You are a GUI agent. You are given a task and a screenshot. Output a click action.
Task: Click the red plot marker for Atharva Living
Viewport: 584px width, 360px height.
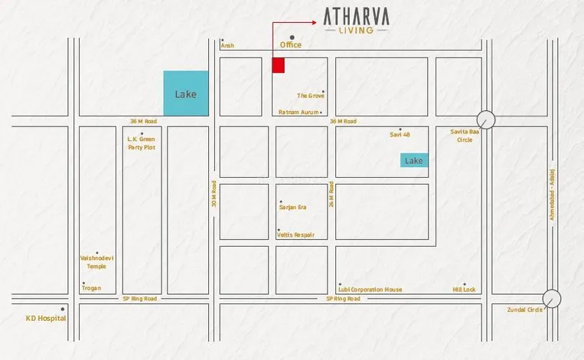(x=279, y=65)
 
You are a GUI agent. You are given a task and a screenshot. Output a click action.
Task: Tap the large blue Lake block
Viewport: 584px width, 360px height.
(x=186, y=93)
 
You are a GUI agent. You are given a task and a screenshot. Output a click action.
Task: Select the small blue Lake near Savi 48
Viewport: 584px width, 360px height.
(x=413, y=160)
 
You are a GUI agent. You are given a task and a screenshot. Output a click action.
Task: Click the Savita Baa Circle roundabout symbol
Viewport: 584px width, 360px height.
(x=486, y=119)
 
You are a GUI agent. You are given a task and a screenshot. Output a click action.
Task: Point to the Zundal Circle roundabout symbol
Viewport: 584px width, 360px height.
(x=551, y=299)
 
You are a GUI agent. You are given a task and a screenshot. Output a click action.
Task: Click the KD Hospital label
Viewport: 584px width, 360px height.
(x=46, y=318)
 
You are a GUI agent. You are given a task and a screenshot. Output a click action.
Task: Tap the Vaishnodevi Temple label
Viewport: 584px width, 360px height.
(x=96, y=262)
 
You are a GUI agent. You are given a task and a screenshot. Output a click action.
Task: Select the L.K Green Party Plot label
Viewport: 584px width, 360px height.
(x=142, y=143)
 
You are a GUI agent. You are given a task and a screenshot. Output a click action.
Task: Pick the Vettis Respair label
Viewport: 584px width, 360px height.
(x=295, y=235)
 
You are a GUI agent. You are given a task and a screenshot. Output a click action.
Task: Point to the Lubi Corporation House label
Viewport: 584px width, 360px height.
(x=370, y=290)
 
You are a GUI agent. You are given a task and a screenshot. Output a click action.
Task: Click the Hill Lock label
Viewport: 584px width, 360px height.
(x=464, y=290)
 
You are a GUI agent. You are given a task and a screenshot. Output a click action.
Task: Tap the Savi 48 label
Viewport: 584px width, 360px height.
(x=400, y=135)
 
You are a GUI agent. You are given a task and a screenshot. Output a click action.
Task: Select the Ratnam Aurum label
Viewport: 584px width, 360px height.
(x=298, y=113)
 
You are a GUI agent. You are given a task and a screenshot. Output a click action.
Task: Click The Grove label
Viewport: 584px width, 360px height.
(x=311, y=96)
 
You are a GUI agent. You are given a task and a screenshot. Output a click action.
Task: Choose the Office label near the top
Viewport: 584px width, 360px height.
(x=291, y=45)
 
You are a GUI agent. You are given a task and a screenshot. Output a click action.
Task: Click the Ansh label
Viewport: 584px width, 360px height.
(x=227, y=46)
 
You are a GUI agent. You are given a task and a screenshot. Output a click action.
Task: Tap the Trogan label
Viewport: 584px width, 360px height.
(x=91, y=289)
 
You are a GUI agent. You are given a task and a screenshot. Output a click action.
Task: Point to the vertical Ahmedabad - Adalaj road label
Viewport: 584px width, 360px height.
(x=552, y=195)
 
